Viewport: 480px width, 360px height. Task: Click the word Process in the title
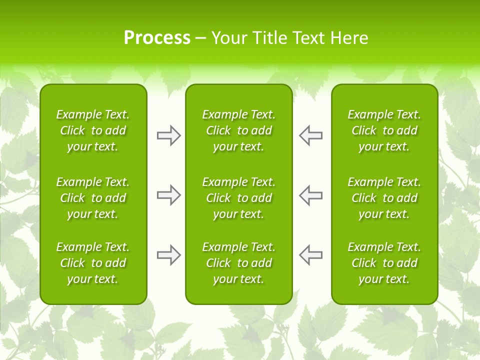point(157,38)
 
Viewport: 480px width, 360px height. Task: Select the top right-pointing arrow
point(168,135)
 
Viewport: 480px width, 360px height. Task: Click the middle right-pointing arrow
point(168,195)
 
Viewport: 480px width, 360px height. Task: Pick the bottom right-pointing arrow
point(168,255)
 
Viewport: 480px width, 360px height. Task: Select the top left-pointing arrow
point(310,135)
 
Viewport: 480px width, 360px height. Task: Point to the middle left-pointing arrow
point(310,195)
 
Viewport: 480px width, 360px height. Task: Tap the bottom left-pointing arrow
point(310,255)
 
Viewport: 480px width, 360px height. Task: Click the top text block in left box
point(93,130)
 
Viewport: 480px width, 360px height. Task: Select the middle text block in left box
point(93,198)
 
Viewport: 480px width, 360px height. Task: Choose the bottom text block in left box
point(93,263)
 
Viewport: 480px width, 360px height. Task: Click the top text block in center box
point(238,130)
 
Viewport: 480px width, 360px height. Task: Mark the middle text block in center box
point(238,198)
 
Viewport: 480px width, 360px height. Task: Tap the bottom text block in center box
point(238,263)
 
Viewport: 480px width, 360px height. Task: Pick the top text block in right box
point(384,130)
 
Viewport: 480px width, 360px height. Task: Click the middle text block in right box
point(384,198)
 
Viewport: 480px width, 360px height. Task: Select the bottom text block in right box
point(384,263)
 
